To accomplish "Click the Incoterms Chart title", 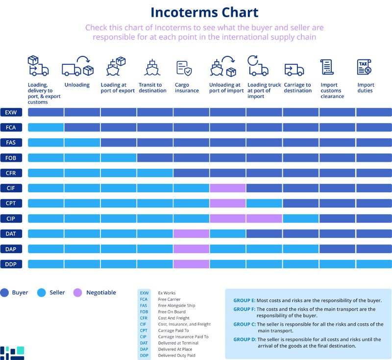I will click(204, 12).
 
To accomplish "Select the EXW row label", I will click(11, 112).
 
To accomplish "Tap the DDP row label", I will click(11, 264).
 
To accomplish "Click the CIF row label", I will click(11, 188).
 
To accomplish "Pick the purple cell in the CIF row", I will click(227, 188).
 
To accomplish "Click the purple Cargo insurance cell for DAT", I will click(191, 234).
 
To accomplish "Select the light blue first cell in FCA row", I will click(46, 128).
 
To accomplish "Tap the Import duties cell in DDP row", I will click(374, 264).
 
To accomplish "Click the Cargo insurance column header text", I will click(187, 88).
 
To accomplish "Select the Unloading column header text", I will click(77, 85).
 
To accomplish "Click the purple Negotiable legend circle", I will click(77, 293).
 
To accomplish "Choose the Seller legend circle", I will click(41, 293).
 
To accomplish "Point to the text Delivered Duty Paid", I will click(176, 356).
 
